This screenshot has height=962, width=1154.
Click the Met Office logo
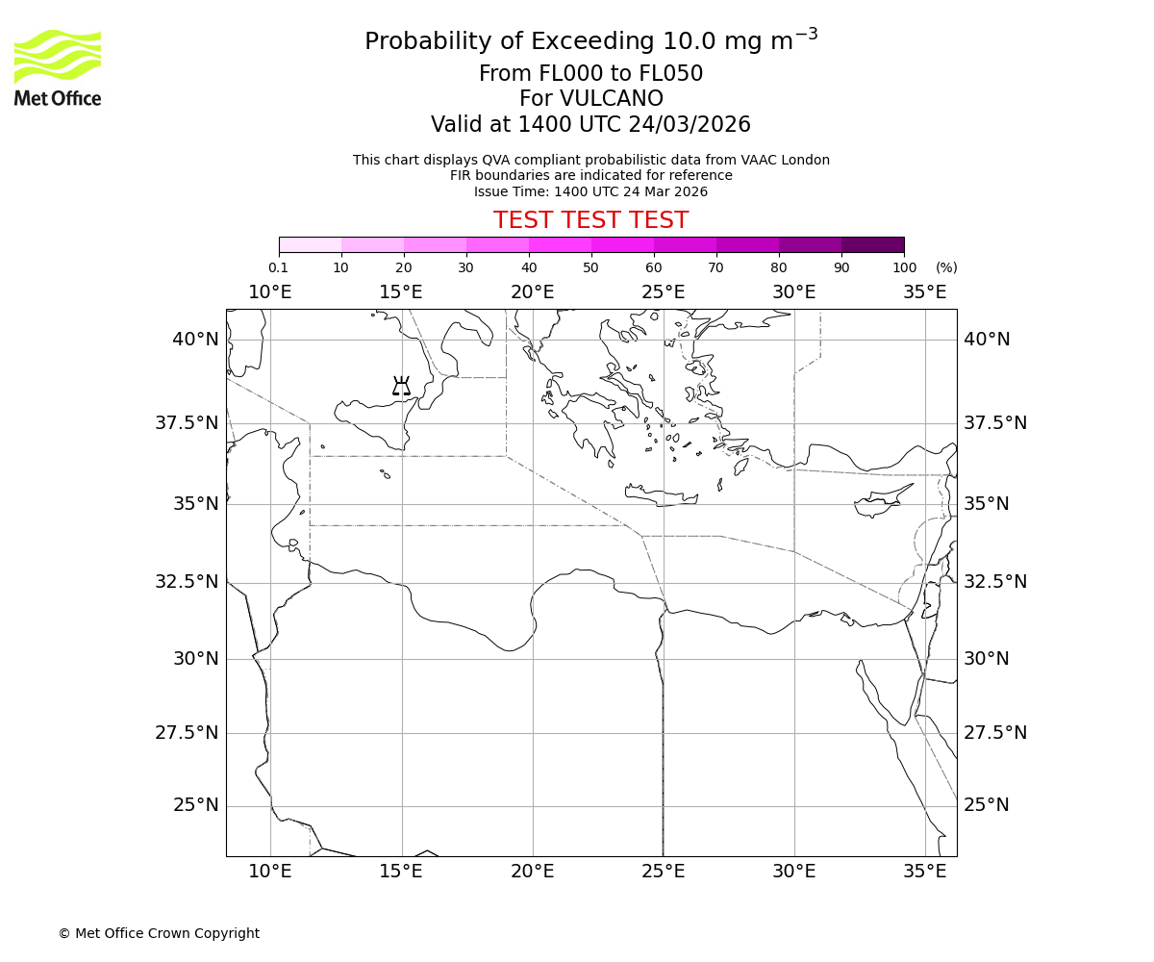(58, 67)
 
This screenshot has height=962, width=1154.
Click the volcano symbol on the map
(401, 387)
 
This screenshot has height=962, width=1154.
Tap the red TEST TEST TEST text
(590, 221)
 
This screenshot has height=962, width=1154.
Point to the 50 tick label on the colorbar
(590, 267)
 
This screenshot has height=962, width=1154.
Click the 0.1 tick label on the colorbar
(278, 267)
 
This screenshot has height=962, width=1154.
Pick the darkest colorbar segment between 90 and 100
(872, 244)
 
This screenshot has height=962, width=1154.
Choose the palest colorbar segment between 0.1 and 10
(310, 244)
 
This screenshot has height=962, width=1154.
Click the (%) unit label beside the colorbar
(946, 267)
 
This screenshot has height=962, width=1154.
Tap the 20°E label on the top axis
(532, 291)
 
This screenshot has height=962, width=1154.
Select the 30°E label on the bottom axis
(794, 872)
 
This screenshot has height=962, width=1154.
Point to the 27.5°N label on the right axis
(995, 733)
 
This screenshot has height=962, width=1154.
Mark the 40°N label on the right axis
(987, 340)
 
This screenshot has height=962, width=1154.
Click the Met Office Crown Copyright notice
(159, 933)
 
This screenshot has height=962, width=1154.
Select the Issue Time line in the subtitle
(590, 191)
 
